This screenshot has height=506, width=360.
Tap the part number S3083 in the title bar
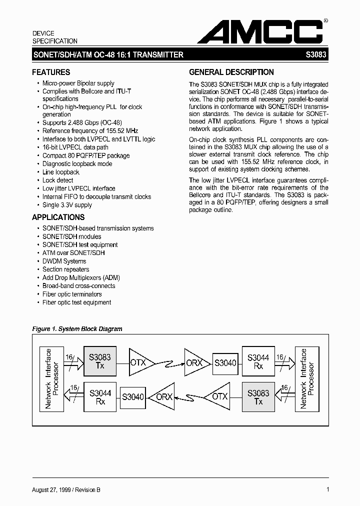click(x=316, y=55)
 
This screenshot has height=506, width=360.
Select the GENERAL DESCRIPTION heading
click(x=231, y=72)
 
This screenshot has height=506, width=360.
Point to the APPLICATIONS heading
click(x=58, y=217)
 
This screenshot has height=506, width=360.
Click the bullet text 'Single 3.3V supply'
click(x=67, y=205)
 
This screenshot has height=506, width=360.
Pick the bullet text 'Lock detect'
click(x=57, y=180)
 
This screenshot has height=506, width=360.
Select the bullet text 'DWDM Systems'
click(x=64, y=261)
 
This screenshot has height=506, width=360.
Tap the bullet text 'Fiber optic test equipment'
click(x=76, y=302)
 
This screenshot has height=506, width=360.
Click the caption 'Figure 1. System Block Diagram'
click(x=77, y=329)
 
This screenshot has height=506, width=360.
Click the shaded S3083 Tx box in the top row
click(x=100, y=361)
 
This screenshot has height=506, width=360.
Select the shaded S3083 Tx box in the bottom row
click(x=258, y=397)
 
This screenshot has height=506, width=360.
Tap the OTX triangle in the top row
click(x=139, y=362)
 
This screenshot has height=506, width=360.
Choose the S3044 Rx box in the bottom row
click(x=100, y=397)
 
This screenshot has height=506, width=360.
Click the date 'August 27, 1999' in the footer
click(x=54, y=490)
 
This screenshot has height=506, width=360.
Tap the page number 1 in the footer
click(x=327, y=489)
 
